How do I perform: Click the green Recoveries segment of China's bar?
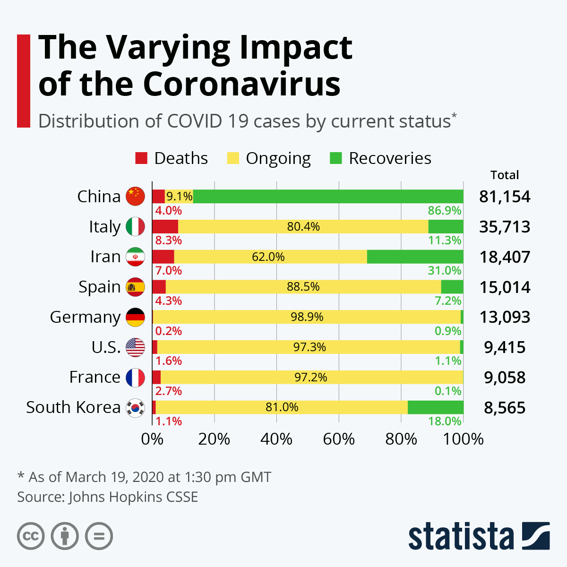(x=328, y=196)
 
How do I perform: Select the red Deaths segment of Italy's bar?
(x=165, y=226)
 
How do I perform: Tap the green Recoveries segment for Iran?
(x=415, y=257)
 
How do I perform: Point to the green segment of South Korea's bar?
(x=435, y=407)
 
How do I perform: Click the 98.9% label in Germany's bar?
(x=307, y=317)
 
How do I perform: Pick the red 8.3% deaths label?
(x=169, y=240)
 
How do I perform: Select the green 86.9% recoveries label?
(x=445, y=210)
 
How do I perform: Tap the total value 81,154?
(x=505, y=197)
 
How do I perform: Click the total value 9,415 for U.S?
(x=505, y=347)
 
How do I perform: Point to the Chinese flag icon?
(x=135, y=196)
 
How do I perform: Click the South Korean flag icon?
(x=135, y=407)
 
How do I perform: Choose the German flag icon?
(x=135, y=317)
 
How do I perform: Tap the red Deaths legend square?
(x=141, y=158)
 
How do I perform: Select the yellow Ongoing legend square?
(x=233, y=158)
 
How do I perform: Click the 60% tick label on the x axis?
(x=339, y=439)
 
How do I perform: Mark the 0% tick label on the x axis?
(x=152, y=439)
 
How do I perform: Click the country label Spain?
(x=99, y=287)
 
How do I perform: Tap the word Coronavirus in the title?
(x=241, y=84)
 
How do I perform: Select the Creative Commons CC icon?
(x=31, y=536)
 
